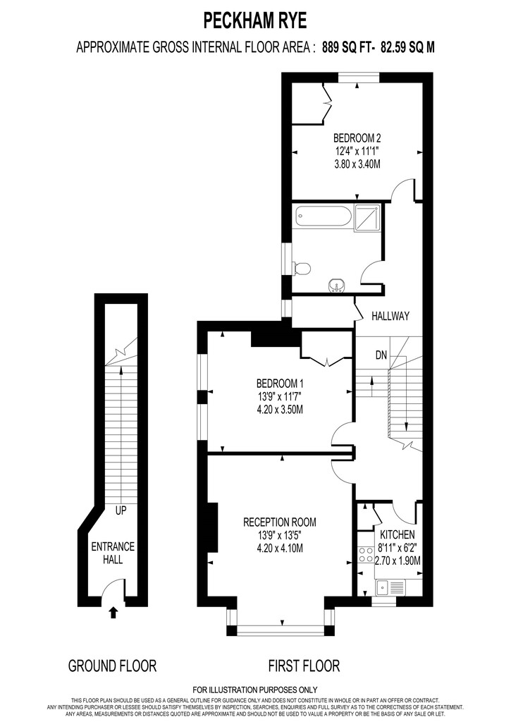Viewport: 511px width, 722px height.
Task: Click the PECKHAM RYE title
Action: tap(255, 20)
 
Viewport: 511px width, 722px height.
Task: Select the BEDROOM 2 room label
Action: tap(357, 137)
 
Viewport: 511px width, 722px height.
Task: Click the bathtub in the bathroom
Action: tap(324, 216)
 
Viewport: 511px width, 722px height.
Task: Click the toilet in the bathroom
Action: tap(301, 268)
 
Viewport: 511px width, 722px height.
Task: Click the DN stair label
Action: tap(381, 354)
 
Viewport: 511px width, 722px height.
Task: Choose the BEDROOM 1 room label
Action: tap(279, 383)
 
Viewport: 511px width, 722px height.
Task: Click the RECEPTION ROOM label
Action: tap(279, 522)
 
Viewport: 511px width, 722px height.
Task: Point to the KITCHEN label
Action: tap(398, 535)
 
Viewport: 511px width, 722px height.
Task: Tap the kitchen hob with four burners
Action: tap(366, 554)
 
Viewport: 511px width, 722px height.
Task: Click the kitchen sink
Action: tap(390, 585)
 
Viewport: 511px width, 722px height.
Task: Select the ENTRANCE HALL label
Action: tap(113, 553)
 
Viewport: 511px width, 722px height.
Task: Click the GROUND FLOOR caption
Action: tap(112, 665)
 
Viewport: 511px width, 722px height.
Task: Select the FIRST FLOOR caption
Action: tap(304, 665)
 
